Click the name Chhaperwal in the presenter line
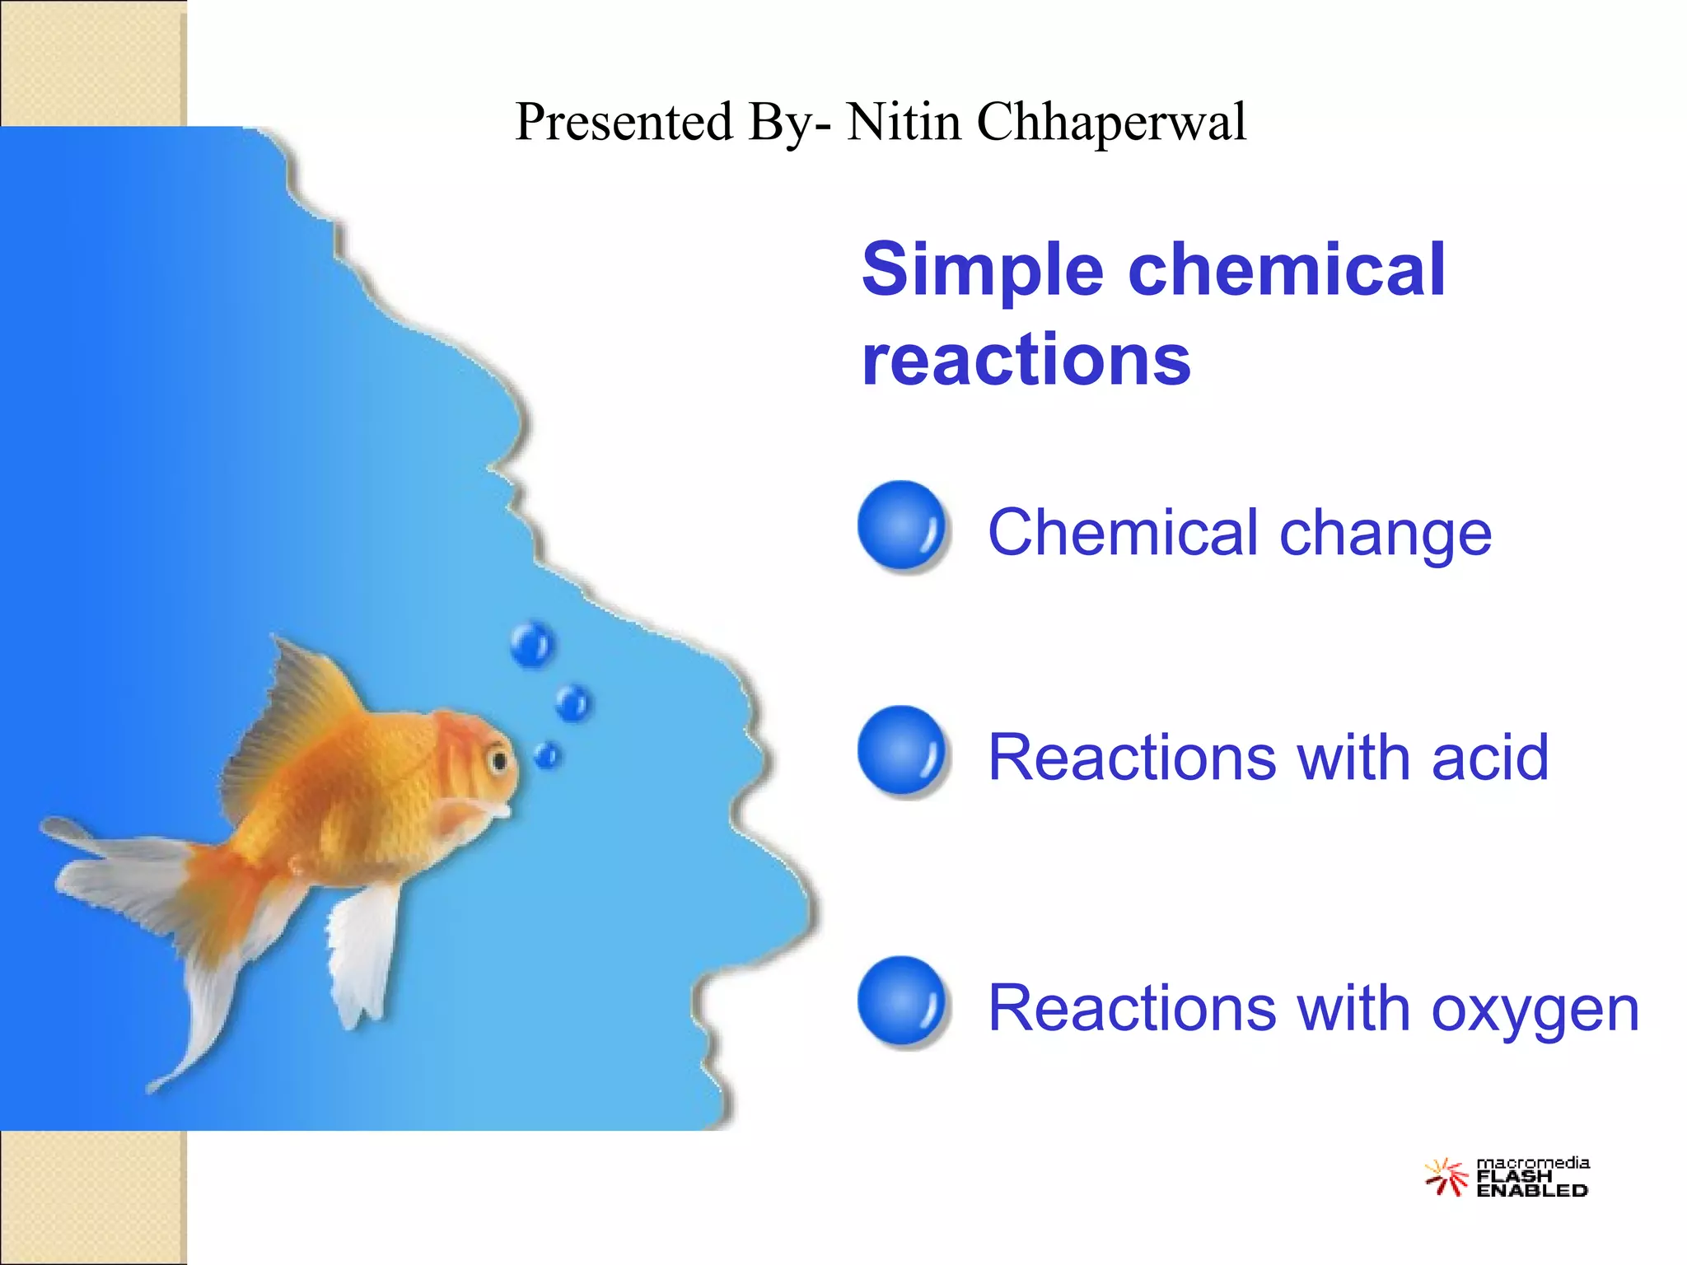[x=1111, y=122]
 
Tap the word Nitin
[x=904, y=122]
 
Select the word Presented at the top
[x=624, y=122]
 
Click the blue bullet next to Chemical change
[x=902, y=525]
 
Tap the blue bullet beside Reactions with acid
[x=902, y=751]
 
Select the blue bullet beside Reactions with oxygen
[x=902, y=1001]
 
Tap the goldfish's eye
[x=498, y=759]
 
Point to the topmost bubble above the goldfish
[x=531, y=644]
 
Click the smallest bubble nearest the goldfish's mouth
[x=548, y=754]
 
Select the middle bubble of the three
[x=572, y=702]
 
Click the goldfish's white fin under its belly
[x=362, y=955]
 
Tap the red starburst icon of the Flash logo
[x=1446, y=1176]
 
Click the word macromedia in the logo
[x=1532, y=1163]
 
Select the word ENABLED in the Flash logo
[x=1532, y=1191]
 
